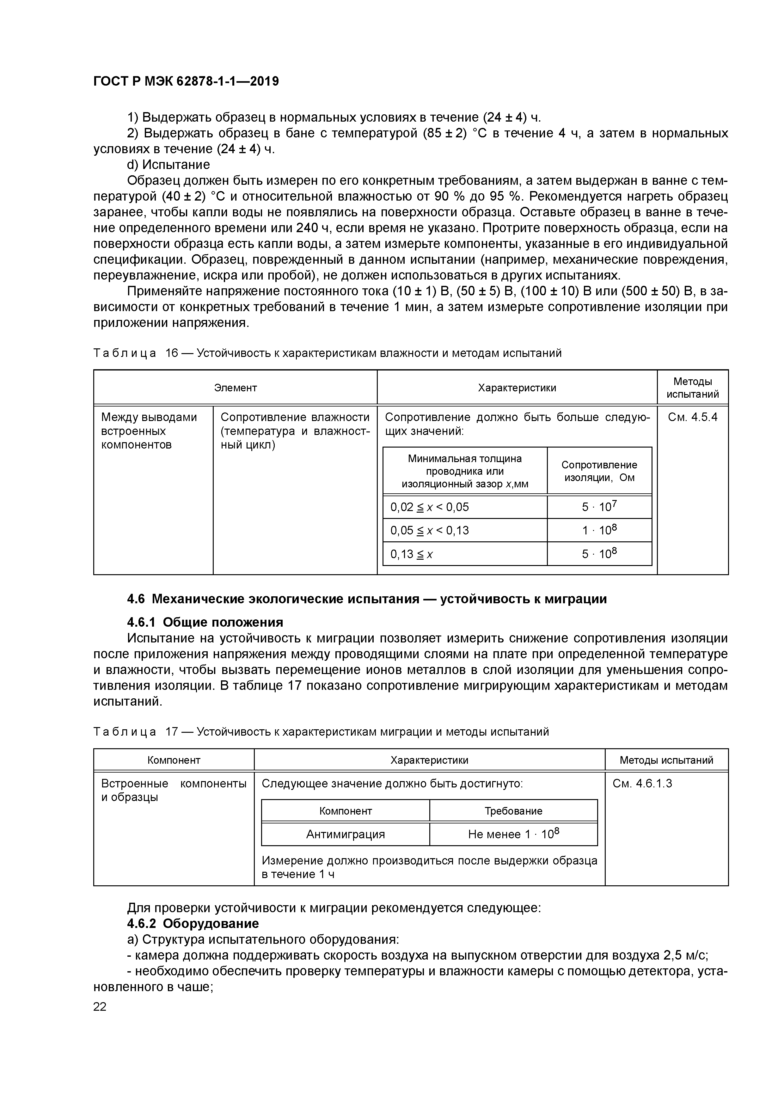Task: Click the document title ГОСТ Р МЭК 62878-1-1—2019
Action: click(x=186, y=81)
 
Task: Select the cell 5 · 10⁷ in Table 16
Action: click(x=599, y=507)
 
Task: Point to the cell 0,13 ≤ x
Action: click(x=412, y=554)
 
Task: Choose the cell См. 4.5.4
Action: click(x=692, y=417)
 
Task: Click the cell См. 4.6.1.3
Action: click(x=642, y=783)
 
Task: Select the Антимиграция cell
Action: click(x=346, y=834)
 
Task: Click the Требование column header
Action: click(x=513, y=811)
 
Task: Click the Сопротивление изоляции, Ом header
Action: click(x=599, y=471)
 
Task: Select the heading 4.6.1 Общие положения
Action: click(x=205, y=622)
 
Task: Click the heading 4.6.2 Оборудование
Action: click(x=193, y=924)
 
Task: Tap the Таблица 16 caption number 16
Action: click(x=171, y=353)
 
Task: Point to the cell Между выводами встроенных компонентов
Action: click(x=149, y=431)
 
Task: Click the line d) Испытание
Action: click(x=168, y=165)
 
